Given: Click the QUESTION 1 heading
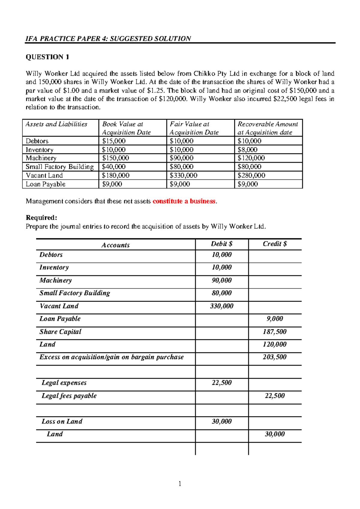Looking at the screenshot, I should [x=47, y=57].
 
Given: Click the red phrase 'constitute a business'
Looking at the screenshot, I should [x=184, y=201].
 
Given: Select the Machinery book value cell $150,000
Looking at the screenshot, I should [x=115, y=158].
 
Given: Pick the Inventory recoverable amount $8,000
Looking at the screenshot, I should [x=247, y=150].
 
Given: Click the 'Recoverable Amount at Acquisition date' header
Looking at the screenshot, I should [x=268, y=128].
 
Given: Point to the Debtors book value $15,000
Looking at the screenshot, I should [x=114, y=141].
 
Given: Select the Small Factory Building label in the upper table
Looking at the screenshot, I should [x=60, y=167].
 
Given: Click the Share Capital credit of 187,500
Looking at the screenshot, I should [x=274, y=332].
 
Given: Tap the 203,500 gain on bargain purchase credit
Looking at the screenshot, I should [x=274, y=357].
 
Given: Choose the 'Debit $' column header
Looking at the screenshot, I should [x=221, y=244].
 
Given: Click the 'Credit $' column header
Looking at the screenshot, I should [x=274, y=244].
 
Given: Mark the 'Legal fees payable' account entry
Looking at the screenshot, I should [x=69, y=396].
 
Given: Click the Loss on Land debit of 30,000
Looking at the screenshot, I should [x=221, y=421].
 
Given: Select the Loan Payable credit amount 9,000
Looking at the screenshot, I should [x=274, y=319].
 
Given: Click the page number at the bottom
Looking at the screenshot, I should [x=180, y=483].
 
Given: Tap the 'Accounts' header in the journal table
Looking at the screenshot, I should [x=115, y=245].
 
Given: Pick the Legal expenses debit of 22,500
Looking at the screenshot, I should [x=221, y=383].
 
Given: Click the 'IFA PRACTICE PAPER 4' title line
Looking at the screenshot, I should [x=108, y=39].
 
